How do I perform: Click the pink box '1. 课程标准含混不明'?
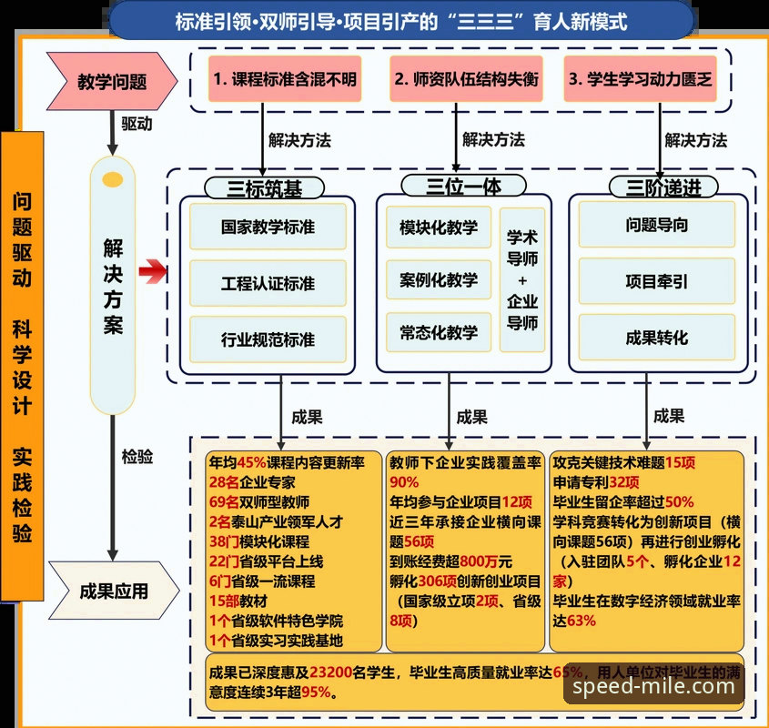coord(285,78)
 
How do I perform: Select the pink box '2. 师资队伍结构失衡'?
coord(466,78)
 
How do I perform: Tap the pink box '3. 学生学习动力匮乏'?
coord(640,78)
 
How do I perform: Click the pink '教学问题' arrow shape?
coord(112,81)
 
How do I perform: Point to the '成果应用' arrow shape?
coord(114,591)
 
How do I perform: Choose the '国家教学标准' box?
coord(268,227)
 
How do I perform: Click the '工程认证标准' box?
coord(268,283)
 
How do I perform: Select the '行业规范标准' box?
coord(268,339)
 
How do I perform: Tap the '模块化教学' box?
coord(439,227)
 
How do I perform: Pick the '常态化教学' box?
coord(439,332)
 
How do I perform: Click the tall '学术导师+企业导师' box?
coord(522,279)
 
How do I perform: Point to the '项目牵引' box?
coord(657,281)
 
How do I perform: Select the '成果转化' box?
coord(657,338)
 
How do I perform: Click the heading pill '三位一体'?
coord(463,186)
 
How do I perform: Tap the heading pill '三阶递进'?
coord(663,187)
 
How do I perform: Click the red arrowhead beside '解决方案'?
coord(153,271)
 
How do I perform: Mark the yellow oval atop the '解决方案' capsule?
coord(113,179)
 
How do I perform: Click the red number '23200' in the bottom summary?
coord(331,672)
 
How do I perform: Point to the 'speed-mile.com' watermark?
coord(653,686)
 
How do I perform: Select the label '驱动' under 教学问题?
coord(137,124)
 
